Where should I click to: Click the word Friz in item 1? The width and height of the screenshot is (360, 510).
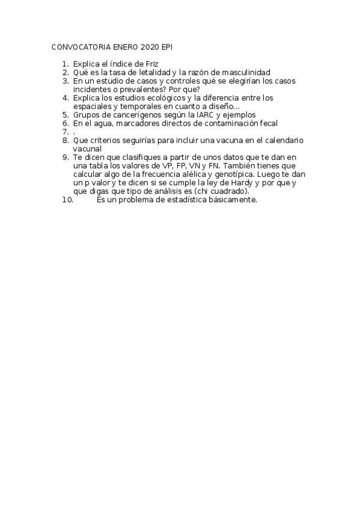tap(151, 63)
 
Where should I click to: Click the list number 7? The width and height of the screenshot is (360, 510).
tap(66, 131)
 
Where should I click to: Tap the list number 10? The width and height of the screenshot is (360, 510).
tap(67, 200)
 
